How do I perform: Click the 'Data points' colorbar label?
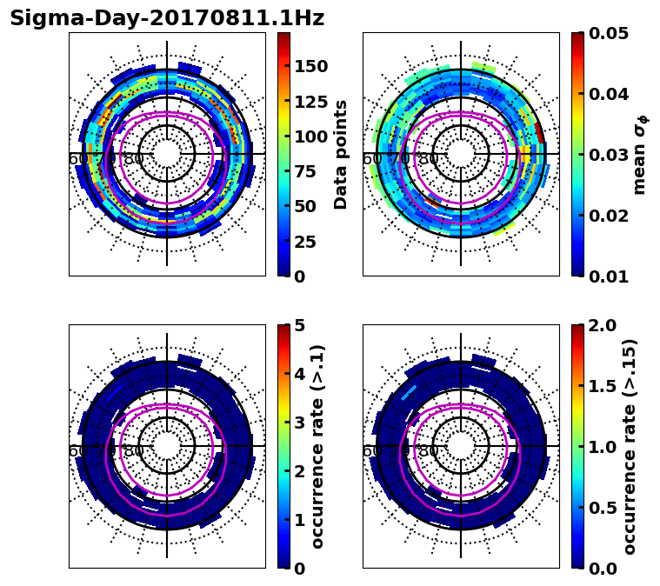(341, 154)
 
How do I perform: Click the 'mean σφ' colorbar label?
(640, 154)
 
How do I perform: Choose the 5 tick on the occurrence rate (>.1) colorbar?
(300, 325)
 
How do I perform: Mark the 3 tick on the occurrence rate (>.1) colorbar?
(300, 423)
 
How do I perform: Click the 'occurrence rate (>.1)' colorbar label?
(318, 446)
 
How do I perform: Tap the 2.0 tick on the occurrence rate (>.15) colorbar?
(601, 325)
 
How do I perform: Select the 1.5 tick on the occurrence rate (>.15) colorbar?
(601, 386)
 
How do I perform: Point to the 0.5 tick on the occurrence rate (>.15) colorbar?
(601, 508)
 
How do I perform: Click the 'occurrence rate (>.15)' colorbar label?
(630, 446)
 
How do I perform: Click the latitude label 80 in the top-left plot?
(134, 159)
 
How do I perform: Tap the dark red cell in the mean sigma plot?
(540, 132)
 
